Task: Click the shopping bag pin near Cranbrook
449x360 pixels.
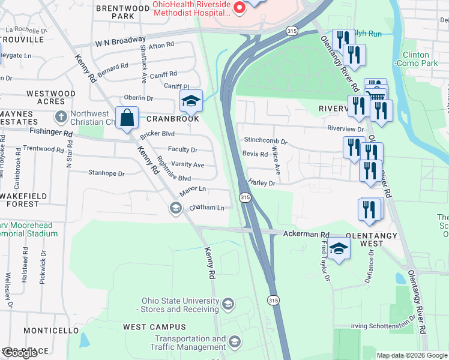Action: [x=128, y=118]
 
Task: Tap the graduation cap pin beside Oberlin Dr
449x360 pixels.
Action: [x=191, y=101]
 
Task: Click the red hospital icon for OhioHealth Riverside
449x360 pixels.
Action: [x=239, y=8]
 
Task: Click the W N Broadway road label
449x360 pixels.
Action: [x=120, y=43]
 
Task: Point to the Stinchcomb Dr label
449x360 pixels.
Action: [x=265, y=140]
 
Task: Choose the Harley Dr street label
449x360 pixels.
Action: [x=262, y=183]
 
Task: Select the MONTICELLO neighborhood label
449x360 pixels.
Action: [x=51, y=331]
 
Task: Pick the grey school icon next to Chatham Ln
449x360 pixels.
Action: [x=175, y=208]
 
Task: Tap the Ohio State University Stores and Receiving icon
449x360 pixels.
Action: [x=228, y=305]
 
